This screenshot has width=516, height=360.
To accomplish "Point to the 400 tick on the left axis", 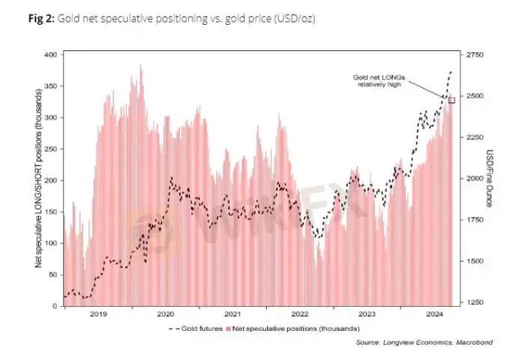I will [x=51, y=55].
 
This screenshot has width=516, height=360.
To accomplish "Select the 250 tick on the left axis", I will [x=51, y=149].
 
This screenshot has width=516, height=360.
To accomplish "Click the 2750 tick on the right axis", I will [x=476, y=55].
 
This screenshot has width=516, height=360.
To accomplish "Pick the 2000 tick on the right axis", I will [x=476, y=179].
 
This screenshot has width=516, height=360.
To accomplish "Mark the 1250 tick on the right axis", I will [x=476, y=302].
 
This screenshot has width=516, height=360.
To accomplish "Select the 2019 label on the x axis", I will [x=98, y=314].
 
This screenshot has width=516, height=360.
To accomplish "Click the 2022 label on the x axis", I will [x=300, y=314].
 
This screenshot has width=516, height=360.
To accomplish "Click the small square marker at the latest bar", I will [x=452, y=100].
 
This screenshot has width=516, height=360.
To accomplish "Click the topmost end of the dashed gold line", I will [x=451, y=72].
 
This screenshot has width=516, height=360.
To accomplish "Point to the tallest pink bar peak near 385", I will [x=141, y=66].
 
